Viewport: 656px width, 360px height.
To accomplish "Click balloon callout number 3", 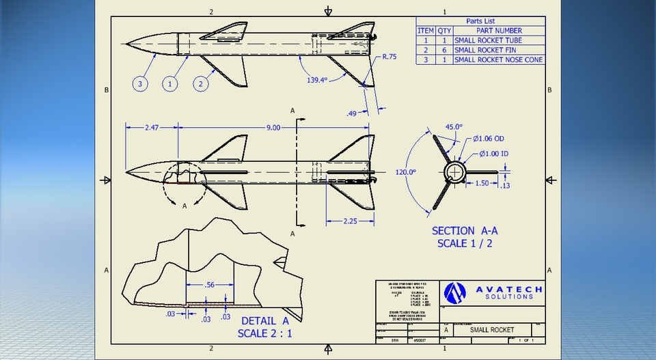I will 140,84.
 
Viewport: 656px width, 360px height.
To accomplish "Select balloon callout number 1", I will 170,84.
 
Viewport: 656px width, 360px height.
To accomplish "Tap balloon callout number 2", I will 200,84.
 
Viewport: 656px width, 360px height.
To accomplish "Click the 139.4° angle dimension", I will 316,80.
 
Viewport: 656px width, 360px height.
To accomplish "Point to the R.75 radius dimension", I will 389,57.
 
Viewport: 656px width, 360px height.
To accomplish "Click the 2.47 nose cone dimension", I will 152,127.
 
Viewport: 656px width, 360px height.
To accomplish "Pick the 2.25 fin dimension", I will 349,221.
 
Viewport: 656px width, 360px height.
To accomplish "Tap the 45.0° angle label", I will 454,126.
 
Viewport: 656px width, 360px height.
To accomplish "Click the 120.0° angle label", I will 406,172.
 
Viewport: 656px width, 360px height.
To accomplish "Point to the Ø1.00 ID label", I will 493,154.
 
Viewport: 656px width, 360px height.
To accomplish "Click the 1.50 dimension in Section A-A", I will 482,184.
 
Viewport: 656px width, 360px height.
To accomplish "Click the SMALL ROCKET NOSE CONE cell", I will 499,59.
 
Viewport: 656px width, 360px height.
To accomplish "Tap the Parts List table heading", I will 481,21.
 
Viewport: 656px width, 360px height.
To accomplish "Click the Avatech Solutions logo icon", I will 454,293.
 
